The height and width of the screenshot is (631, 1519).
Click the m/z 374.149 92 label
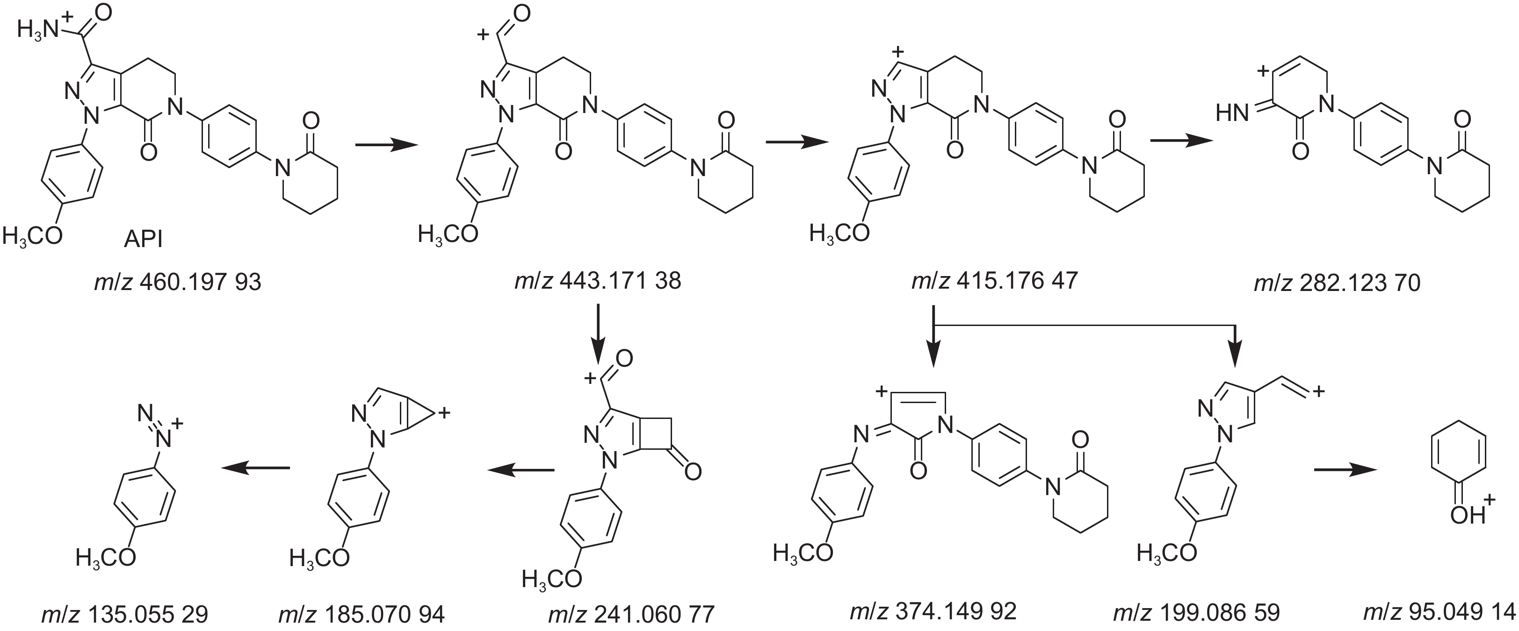[933, 611]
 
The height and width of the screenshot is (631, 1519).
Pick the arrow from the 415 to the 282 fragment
[1181, 141]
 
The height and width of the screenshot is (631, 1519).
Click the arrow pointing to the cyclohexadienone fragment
[1344, 469]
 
